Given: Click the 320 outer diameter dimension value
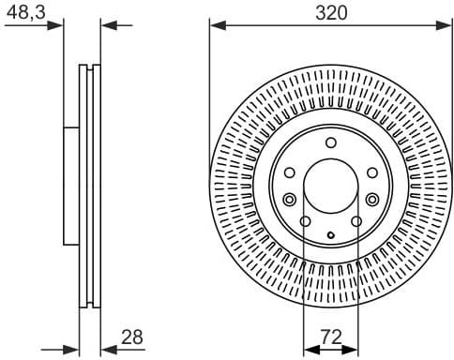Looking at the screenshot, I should tap(331, 12).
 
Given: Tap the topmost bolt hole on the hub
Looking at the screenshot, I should tap(331, 142).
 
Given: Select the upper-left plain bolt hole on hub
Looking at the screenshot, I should tap(291, 172).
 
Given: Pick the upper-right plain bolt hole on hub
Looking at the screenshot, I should tap(371, 172).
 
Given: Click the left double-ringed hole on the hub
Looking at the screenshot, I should tap(289, 199).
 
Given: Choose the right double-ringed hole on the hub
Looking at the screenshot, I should tap(373, 199).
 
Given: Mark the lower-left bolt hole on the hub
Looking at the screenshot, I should tap(306, 221).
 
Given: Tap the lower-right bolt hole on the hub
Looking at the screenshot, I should tap(356, 221).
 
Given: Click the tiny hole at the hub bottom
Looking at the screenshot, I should tap(331, 232).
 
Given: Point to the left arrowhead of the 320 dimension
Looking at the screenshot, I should tap(215, 25).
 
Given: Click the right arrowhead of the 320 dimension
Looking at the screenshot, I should tap(447, 25).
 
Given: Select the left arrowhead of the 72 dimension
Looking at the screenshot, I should tap(310, 348).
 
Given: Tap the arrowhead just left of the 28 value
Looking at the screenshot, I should tap(106, 348).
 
